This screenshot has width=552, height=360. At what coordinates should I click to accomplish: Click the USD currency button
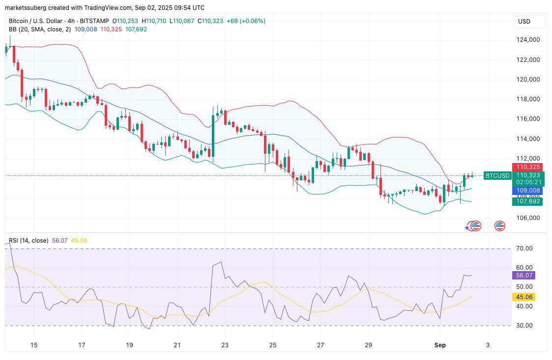(524, 22)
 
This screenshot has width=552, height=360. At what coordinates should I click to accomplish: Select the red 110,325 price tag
(528, 167)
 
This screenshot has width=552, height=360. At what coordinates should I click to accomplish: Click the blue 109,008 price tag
(528, 191)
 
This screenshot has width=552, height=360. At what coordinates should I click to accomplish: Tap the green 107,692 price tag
(528, 201)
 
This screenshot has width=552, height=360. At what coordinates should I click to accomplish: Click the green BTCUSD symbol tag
(497, 175)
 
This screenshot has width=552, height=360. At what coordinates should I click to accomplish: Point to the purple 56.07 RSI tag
(523, 276)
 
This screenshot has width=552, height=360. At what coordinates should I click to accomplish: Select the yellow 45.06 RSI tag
(523, 297)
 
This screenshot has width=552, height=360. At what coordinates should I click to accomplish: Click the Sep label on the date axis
(440, 345)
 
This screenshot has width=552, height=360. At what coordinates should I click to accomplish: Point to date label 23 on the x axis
(225, 345)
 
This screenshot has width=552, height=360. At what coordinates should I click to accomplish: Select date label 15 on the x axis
(34, 345)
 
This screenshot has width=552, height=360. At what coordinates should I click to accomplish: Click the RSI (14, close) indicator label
(29, 241)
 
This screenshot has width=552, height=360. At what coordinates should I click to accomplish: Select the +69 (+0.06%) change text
(246, 21)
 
